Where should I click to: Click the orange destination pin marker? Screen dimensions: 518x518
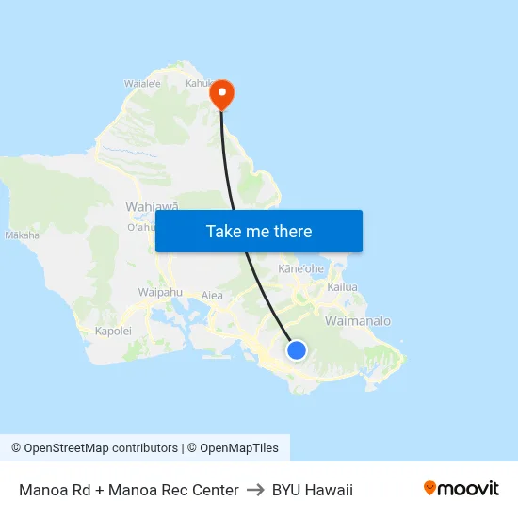222,92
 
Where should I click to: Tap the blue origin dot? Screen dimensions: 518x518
297,350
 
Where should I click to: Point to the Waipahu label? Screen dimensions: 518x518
160,292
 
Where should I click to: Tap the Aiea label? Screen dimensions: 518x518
213,296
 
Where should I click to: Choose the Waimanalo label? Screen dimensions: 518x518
357,321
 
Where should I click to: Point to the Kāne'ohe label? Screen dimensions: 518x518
300,268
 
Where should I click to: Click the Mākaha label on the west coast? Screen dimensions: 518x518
22,235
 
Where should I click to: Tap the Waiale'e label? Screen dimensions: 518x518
143,83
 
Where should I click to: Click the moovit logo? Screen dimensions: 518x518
461,489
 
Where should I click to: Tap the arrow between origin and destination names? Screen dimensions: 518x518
254,490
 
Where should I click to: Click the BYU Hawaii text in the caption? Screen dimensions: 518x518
312,490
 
